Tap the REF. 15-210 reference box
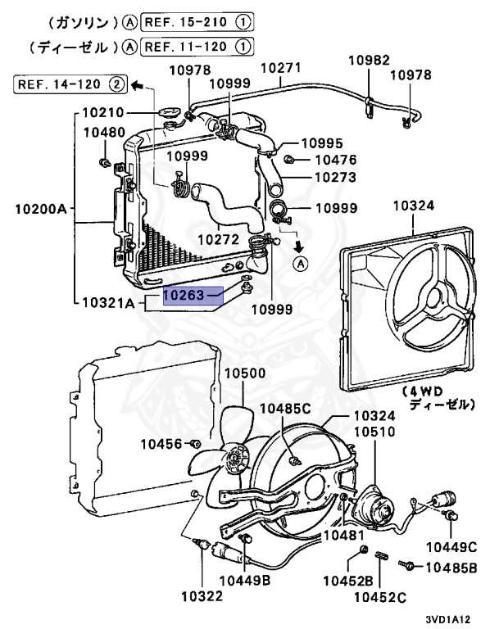click(x=194, y=20)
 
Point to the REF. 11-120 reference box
click(x=194, y=47)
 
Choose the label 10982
click(x=367, y=60)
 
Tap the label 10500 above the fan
click(x=246, y=373)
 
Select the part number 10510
click(x=374, y=432)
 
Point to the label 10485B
click(x=456, y=566)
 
